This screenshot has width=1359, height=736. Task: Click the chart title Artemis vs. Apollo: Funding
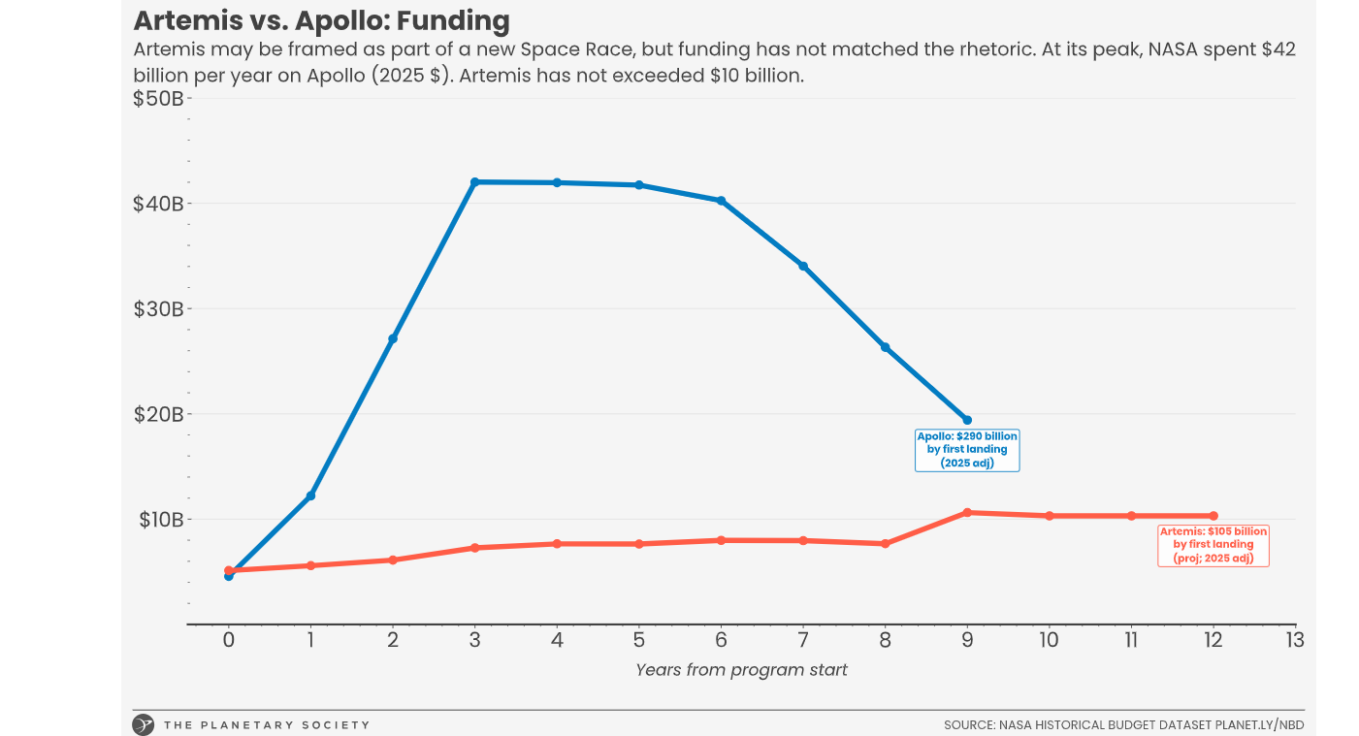coord(321,20)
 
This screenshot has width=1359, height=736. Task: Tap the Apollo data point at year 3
coord(474,182)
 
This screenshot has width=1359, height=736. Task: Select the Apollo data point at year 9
coord(966,420)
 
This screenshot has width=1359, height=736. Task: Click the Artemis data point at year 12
coord(1213,516)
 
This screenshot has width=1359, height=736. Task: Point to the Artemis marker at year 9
coord(966,512)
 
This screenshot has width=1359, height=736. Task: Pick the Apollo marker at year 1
coord(310,496)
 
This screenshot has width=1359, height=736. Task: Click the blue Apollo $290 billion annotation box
coord(967,450)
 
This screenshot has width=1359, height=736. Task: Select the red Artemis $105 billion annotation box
coord(1213,545)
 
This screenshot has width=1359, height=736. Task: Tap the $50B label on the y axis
coord(158,98)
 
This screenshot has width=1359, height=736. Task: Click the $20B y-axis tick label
coord(158,414)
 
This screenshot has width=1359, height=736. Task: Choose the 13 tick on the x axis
coord(1294,640)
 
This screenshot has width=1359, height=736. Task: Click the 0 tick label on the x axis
coord(228,640)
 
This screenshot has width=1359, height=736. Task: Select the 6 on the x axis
coord(721,640)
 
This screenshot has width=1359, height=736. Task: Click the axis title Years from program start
coord(741,670)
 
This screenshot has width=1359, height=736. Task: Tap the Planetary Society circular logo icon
coord(144,724)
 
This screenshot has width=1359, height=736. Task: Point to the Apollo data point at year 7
coord(802,266)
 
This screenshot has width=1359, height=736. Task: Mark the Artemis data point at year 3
coord(474,548)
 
